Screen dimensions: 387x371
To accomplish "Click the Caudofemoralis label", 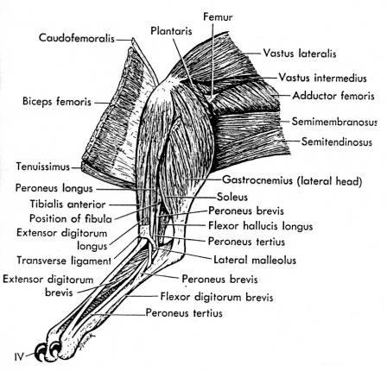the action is click(77, 38).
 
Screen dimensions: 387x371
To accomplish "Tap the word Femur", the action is click(218, 16).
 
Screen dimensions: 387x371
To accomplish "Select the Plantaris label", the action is click(171, 31).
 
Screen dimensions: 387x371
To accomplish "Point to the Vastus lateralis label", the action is click(300, 53).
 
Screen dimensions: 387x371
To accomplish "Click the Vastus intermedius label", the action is click(323, 78).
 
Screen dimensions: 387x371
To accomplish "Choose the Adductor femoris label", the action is click(333, 96).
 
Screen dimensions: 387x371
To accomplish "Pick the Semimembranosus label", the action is click(334, 122).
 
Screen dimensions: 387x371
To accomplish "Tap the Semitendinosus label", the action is click(337, 141).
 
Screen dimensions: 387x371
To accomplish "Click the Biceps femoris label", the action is click(57, 102).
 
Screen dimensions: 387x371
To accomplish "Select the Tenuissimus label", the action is click(43, 167).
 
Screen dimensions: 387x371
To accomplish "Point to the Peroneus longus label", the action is click(54, 189).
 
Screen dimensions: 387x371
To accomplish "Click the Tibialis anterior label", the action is click(68, 204).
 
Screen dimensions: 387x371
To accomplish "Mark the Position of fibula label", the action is click(71, 218).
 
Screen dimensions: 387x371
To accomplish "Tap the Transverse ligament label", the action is click(64, 261).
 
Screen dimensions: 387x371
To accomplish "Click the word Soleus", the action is click(232, 197).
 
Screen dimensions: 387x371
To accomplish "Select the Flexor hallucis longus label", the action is click(260, 226).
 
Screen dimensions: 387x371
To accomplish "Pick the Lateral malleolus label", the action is click(255, 260).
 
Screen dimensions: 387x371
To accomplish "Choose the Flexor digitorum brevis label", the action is click(217, 297).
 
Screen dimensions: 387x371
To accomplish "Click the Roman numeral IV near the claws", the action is click(19, 357).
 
